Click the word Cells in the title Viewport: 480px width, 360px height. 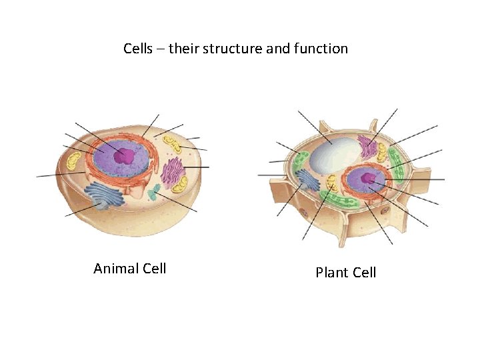138,49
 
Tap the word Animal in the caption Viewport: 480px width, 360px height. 116,269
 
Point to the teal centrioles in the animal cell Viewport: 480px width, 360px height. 153,193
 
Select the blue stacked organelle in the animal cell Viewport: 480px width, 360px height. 103,195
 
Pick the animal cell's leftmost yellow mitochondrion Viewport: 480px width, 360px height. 73,161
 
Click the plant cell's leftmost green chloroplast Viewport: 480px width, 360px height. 299,161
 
